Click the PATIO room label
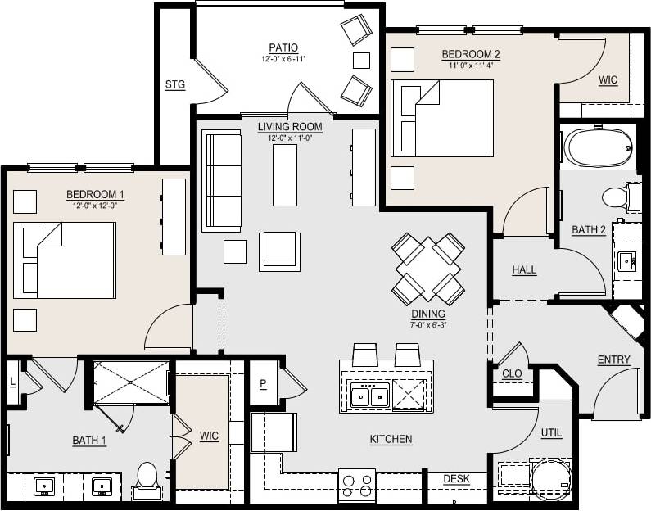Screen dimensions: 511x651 (283, 47)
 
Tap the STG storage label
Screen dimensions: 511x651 (174, 84)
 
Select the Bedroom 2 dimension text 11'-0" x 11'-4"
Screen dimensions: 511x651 (470, 66)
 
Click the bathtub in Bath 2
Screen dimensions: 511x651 (599, 147)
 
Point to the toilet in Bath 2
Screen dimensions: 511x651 (618, 197)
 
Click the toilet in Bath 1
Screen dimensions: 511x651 (147, 480)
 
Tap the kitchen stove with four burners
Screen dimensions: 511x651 (356, 485)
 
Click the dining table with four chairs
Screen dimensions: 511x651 (427, 268)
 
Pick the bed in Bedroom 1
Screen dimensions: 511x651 (65, 260)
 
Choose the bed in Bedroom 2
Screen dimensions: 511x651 (442, 118)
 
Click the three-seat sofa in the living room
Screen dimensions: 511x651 (222, 180)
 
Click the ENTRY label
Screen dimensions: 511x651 (613, 360)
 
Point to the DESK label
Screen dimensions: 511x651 (456, 479)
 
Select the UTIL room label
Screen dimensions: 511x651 (551, 432)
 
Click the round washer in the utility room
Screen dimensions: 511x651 (549, 479)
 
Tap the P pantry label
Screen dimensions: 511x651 (263, 385)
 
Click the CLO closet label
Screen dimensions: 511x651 (512, 373)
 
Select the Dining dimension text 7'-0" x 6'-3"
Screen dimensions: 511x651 (428, 324)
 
